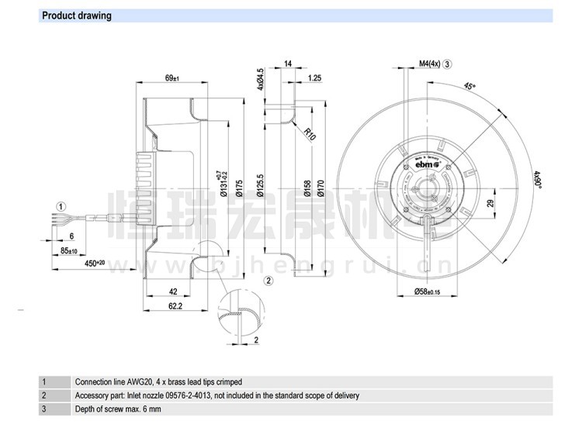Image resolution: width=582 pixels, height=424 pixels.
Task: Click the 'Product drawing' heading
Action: tap(76, 16)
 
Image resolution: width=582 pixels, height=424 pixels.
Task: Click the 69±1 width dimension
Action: tap(172, 78)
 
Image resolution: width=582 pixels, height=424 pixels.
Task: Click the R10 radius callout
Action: tap(310, 134)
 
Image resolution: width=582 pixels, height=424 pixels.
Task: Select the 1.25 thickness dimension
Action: tap(315, 78)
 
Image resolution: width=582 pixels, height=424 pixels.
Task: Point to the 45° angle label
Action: tap(469, 86)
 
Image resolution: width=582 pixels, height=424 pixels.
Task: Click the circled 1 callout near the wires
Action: tap(61, 206)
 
